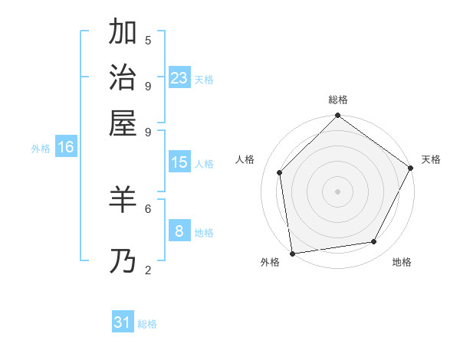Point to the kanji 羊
123,200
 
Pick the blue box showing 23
179,78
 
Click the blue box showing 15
179,162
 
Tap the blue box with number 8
179,231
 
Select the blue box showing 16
66,147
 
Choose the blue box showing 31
123,322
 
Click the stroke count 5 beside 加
148,40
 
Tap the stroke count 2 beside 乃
148,270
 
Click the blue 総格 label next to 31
147,324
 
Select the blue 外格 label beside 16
40,149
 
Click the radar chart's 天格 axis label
431,159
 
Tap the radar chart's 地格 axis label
402,262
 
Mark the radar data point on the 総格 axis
337,116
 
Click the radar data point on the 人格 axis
280,172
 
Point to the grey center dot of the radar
337,191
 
